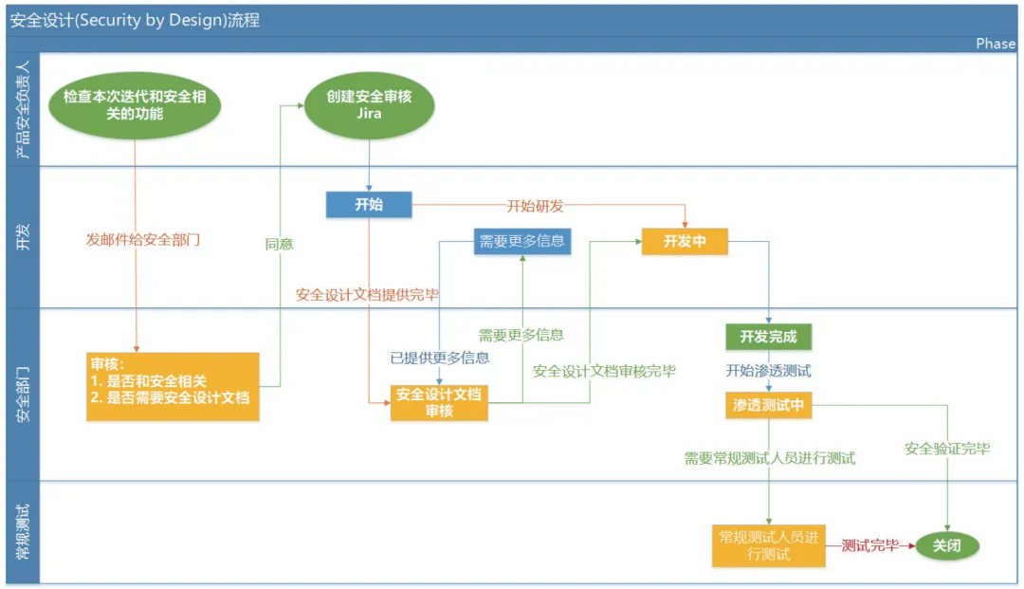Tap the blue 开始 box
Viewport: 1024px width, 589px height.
(369, 205)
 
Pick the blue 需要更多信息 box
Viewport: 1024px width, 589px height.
(522, 242)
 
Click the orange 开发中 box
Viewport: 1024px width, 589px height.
(686, 242)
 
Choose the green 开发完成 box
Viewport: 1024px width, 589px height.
(769, 337)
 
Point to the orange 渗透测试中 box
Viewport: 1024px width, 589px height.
(769, 405)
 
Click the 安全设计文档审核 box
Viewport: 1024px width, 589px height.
(439, 402)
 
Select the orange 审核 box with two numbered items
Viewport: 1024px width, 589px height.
(173, 387)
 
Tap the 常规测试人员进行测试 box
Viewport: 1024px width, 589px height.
(769, 546)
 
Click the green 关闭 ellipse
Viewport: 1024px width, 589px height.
(946, 545)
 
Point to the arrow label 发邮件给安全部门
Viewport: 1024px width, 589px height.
(143, 240)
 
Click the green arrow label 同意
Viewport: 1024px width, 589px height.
(280, 244)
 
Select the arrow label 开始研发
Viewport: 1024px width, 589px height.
(536, 205)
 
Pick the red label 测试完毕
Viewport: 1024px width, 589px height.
(869, 545)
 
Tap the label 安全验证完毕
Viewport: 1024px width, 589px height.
(947, 449)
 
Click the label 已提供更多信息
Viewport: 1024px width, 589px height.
(440, 358)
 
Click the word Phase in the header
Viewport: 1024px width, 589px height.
(996, 44)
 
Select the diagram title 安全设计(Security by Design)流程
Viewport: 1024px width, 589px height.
(135, 20)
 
